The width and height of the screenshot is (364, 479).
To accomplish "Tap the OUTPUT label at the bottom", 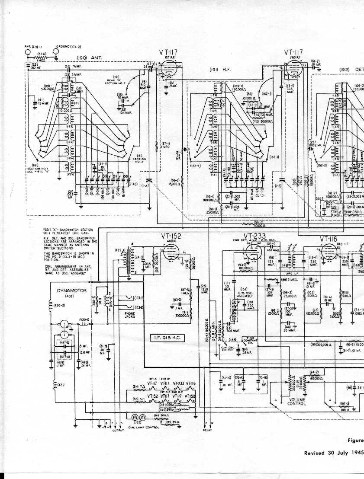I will click(118, 431).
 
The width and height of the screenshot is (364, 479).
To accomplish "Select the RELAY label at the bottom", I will click(208, 431).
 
